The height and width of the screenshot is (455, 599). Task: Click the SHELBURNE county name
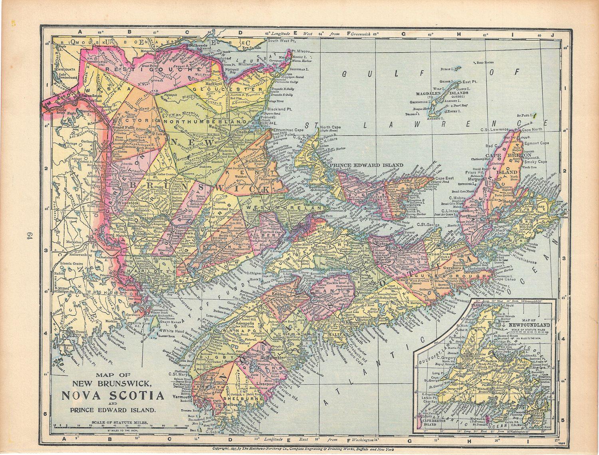pyautogui.click(x=237, y=398)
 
